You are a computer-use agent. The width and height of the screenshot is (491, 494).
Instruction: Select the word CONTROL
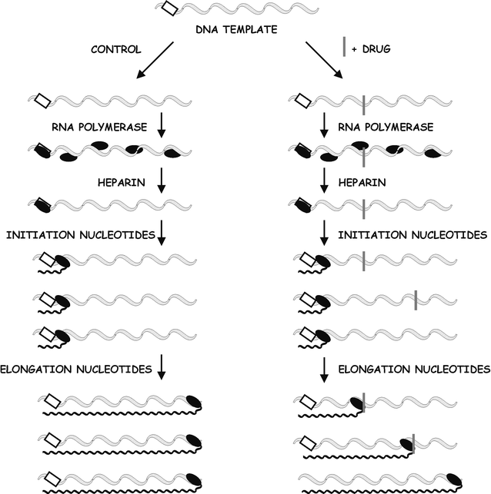(115, 50)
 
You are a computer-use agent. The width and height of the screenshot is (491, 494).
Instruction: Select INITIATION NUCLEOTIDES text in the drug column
(412, 234)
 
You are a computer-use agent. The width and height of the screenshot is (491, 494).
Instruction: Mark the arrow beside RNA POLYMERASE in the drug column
(324, 124)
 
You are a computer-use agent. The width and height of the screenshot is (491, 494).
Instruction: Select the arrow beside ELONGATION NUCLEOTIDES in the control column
(162, 368)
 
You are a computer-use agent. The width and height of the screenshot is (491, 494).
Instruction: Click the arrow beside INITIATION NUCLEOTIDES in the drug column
(324, 234)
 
